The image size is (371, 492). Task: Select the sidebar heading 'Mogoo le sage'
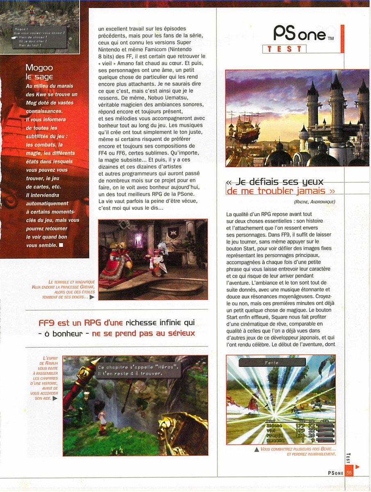coord(39,72)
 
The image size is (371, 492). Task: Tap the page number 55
coord(349,473)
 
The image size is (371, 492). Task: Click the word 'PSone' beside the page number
coord(335,473)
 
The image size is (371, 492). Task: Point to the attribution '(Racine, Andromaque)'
coord(315,202)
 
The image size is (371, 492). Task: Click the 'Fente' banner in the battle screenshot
coord(272,362)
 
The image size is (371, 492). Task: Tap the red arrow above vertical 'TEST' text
coord(357,467)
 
